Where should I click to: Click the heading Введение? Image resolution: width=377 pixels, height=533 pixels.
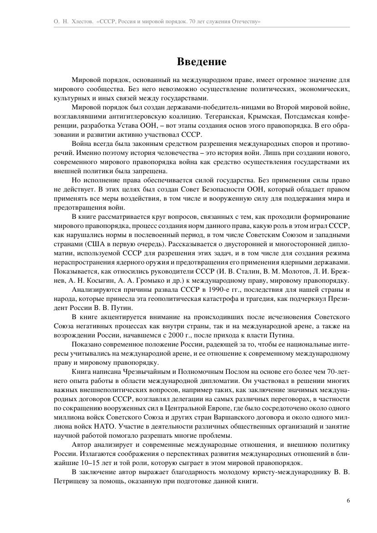201,61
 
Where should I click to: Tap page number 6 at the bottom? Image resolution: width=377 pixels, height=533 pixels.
348,500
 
